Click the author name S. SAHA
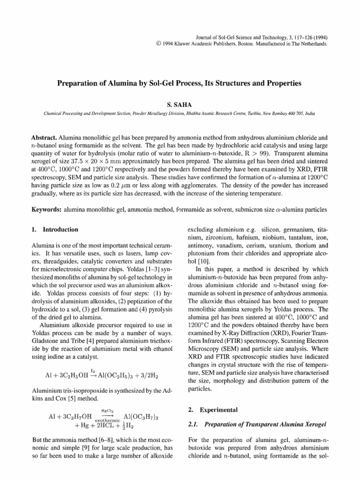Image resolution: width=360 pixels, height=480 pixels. (x=180, y=106)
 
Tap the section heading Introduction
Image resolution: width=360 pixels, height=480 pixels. (x=64, y=230)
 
